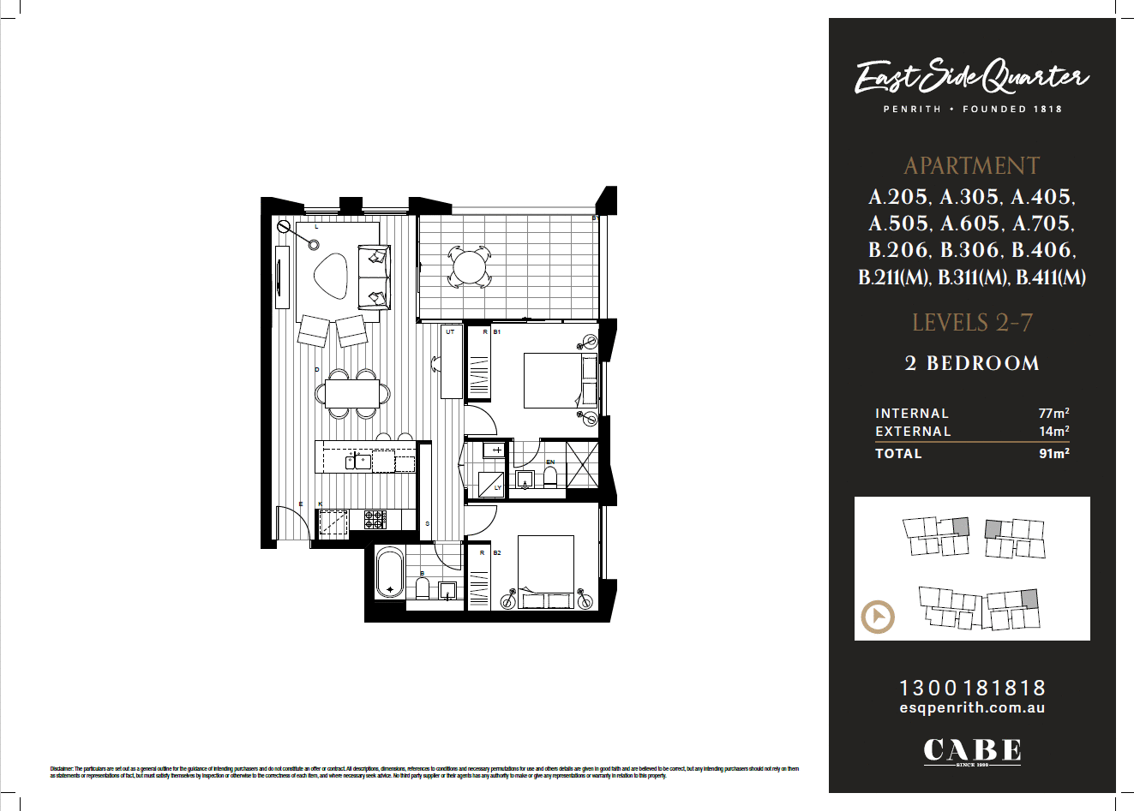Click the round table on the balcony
click(468, 266)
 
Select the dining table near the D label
click(353, 394)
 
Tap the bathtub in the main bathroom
click(391, 573)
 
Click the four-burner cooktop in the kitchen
click(375, 519)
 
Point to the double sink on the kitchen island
click(358, 462)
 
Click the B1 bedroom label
click(497, 331)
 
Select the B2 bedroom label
click(497, 553)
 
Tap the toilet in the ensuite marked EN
click(550, 475)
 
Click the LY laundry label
click(498, 488)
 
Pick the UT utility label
click(450, 331)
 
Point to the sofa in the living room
click(374, 277)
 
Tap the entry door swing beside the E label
click(290, 522)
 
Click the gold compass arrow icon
click(877, 617)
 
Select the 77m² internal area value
click(1053, 414)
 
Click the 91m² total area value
click(1053, 454)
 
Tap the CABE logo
click(972, 751)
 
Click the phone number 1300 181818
click(972, 688)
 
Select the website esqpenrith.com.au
click(972, 708)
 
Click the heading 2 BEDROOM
click(972, 363)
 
